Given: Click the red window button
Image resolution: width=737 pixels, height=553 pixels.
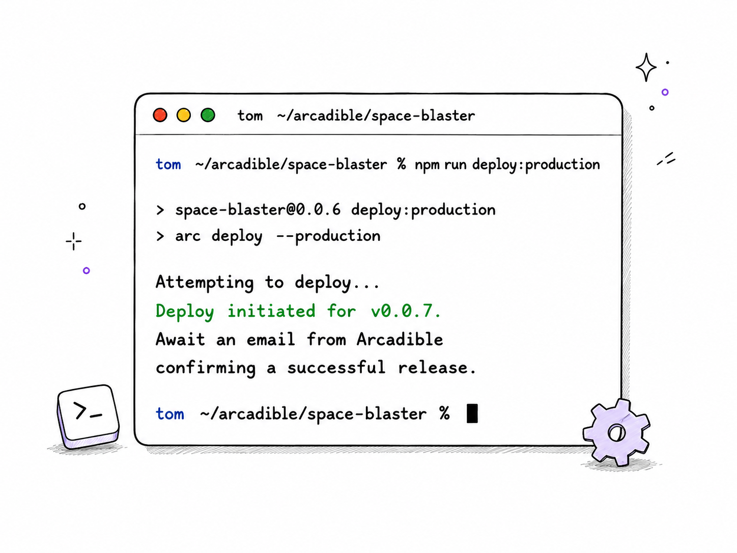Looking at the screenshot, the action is (x=160, y=115).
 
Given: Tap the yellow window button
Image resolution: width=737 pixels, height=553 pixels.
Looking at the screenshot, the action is (x=184, y=115).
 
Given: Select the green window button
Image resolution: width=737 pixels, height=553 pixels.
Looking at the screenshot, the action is (x=208, y=115).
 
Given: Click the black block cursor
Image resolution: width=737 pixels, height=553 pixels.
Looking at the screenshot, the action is (x=472, y=413).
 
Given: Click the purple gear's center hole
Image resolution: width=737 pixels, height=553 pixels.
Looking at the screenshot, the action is (x=616, y=433).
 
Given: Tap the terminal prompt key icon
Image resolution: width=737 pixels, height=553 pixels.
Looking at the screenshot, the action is (x=88, y=417).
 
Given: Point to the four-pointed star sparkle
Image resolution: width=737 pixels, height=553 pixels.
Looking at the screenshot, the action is (x=646, y=68).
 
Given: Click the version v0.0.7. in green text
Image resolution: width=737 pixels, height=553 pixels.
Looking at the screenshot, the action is (x=406, y=311).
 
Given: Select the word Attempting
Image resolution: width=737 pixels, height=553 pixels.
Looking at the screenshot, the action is (x=205, y=283).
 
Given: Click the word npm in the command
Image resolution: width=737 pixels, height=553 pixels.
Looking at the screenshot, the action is (x=427, y=165).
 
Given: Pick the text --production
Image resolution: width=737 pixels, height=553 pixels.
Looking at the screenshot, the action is (x=328, y=236).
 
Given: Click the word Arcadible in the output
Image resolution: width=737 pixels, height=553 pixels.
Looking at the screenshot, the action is (x=400, y=339).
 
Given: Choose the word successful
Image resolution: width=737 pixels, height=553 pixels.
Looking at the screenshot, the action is (x=336, y=367).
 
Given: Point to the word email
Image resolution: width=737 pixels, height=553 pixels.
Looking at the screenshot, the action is (x=271, y=339).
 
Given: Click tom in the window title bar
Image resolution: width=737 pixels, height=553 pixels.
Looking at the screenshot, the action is (x=250, y=116).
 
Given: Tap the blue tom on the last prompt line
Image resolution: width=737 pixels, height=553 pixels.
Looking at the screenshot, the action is (x=170, y=414).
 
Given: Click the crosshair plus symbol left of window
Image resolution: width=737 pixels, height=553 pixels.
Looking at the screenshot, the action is (x=73, y=241).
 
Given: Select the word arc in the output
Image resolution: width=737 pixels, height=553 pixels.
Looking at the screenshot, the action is (x=188, y=236).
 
